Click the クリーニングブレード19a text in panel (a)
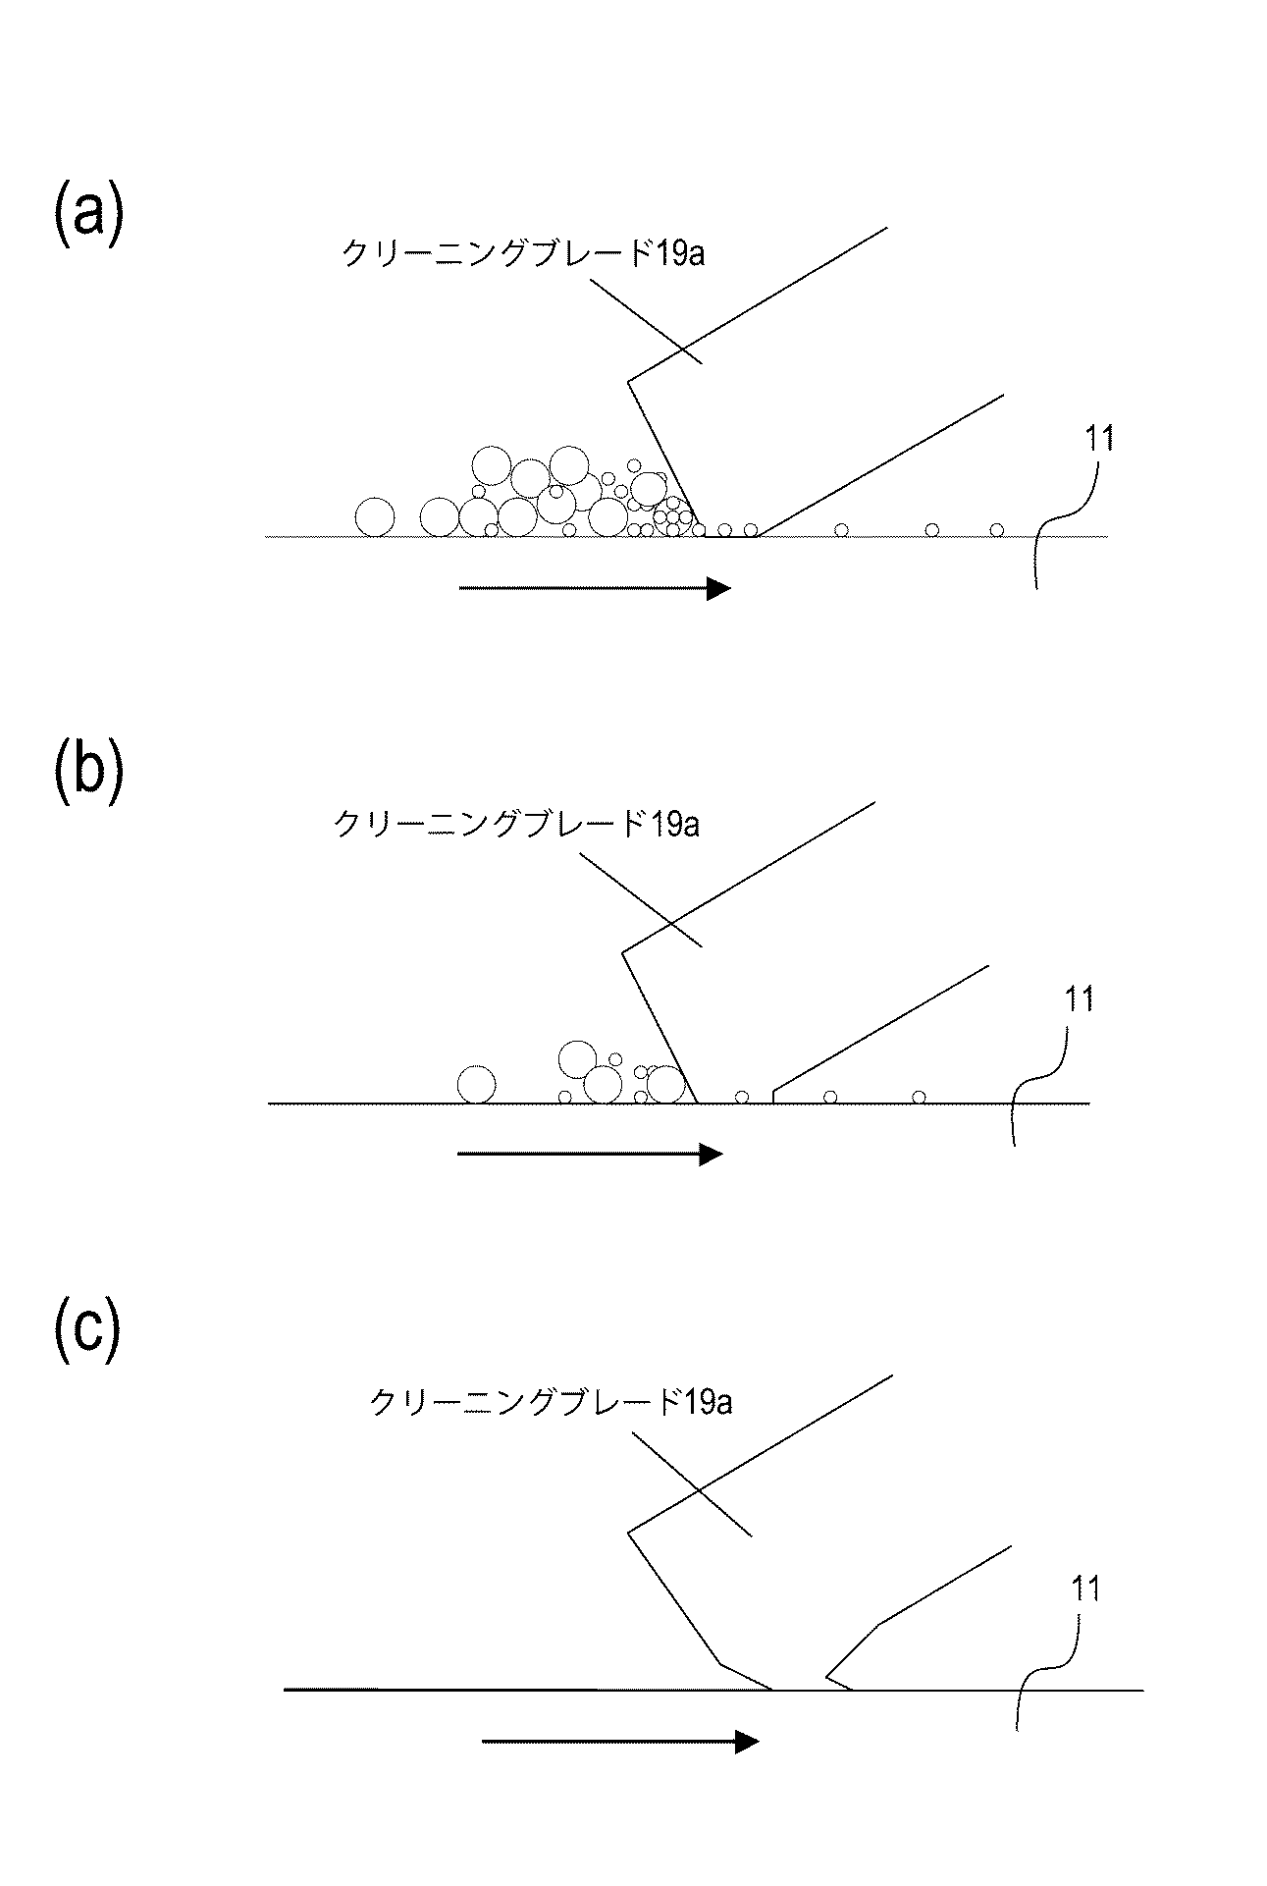click(522, 253)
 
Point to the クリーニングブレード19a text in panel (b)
click(516, 823)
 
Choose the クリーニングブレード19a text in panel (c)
click(551, 1402)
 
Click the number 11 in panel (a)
click(1098, 439)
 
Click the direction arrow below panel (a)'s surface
click(594, 588)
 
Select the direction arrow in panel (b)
click(589, 1155)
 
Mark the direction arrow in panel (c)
click(619, 1742)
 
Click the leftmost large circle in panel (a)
click(375, 517)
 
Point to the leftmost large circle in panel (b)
click(477, 1085)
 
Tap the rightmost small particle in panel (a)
click(996, 530)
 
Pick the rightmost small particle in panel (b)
click(919, 1096)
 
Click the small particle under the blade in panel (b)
click(742, 1096)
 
